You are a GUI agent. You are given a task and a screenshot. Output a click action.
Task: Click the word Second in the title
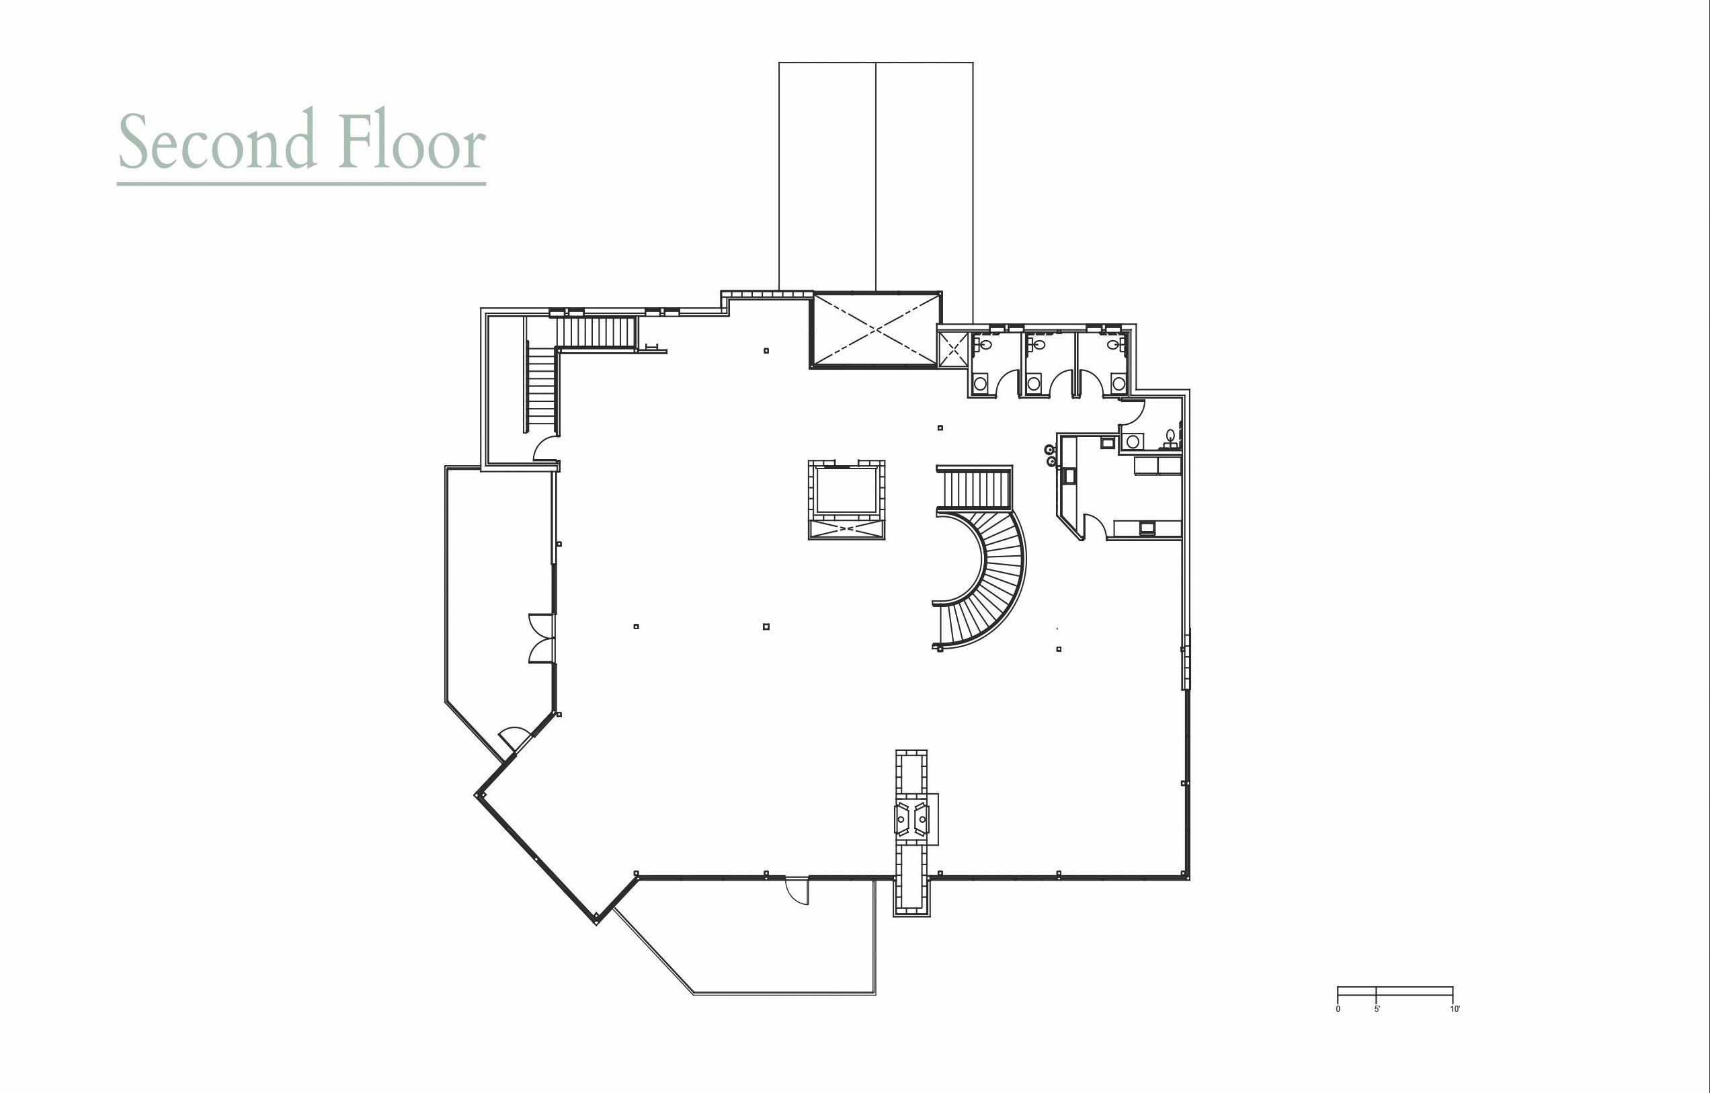pos(216,140)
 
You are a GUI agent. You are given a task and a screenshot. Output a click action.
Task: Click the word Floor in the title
pos(413,140)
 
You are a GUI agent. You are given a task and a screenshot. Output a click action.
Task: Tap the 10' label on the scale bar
pos(1455,1008)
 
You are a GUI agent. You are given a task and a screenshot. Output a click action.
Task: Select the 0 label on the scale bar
pos(1338,1008)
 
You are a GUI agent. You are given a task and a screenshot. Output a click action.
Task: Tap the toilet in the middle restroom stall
pos(1039,345)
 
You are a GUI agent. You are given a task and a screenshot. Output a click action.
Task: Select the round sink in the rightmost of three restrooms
pos(1118,384)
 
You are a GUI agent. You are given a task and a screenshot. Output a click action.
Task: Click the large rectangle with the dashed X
pos(876,329)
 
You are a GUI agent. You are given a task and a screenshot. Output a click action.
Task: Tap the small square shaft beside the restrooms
pos(952,349)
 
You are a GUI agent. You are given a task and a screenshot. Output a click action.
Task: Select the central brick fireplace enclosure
pos(846,499)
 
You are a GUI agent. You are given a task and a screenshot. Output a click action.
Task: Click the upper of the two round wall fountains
pos(1049,449)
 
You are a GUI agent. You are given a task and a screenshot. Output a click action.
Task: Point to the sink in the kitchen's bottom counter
pos(1147,528)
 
